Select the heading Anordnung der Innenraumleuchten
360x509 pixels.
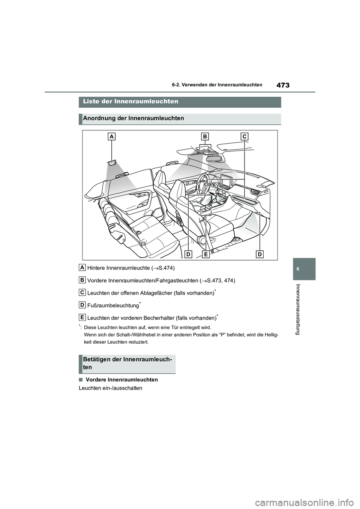(133, 118)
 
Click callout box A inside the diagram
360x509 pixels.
(112, 137)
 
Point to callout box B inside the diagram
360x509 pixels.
(204, 136)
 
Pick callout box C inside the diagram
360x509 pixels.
(244, 136)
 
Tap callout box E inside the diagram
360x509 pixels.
(206, 254)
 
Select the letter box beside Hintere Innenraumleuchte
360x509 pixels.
(82, 267)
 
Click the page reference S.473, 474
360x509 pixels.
(221, 281)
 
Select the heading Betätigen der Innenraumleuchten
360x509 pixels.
(127, 363)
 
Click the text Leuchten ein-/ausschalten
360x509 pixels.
(110, 388)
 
